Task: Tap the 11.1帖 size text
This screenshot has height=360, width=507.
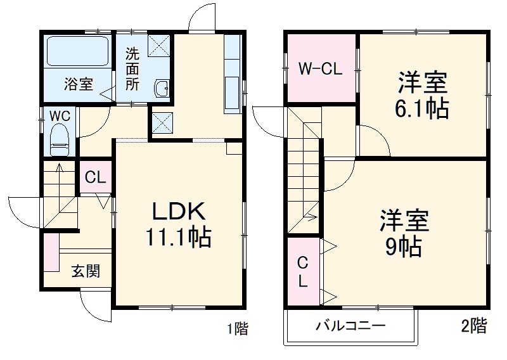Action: coord(178,238)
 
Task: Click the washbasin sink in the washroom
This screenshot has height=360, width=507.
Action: coord(162,89)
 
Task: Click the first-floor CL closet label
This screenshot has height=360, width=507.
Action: coord(95,177)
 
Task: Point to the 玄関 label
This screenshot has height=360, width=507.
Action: coord(85,272)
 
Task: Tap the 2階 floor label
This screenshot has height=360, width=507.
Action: coord(474,327)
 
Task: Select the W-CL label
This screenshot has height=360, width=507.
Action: coord(321,69)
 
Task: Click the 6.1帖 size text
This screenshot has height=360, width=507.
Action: coord(423,109)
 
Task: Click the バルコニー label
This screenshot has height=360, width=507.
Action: coord(351,327)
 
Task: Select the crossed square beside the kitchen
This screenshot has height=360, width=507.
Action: coord(162,120)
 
